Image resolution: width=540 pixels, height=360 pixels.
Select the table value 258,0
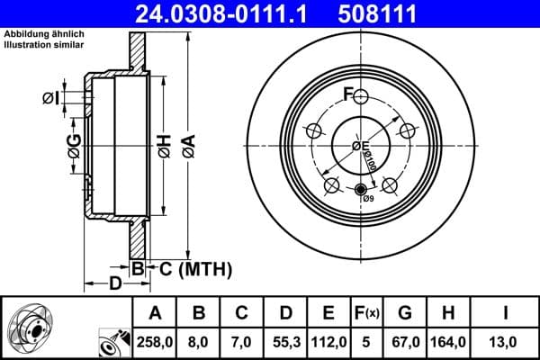[x=155, y=342]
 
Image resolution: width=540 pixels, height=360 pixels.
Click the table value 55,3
[x=285, y=342]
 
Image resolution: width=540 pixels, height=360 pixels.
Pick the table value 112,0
[x=329, y=342]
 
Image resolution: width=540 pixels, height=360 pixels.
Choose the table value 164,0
[x=448, y=342]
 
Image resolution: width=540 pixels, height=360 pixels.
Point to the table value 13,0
[x=506, y=342]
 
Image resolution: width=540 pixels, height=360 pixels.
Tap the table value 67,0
[x=405, y=342]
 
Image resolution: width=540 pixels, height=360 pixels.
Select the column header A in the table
[x=155, y=313]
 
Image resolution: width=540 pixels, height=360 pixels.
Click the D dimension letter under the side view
[x=114, y=285]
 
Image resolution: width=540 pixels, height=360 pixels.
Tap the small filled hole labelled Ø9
[x=361, y=189]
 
